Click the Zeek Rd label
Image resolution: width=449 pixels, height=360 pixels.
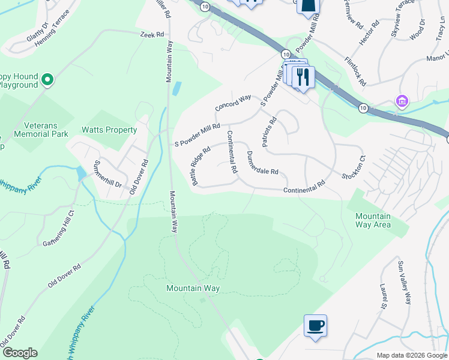click(x=152, y=35)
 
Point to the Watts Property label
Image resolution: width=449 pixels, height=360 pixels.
click(x=109, y=130)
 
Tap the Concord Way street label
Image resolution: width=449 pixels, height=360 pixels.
click(x=233, y=103)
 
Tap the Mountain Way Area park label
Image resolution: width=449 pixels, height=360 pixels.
click(x=373, y=220)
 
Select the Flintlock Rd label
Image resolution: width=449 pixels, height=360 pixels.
click(x=355, y=70)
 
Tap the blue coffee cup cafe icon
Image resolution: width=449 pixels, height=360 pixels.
click(x=315, y=326)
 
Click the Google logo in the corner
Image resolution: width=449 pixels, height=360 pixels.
click(x=19, y=353)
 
